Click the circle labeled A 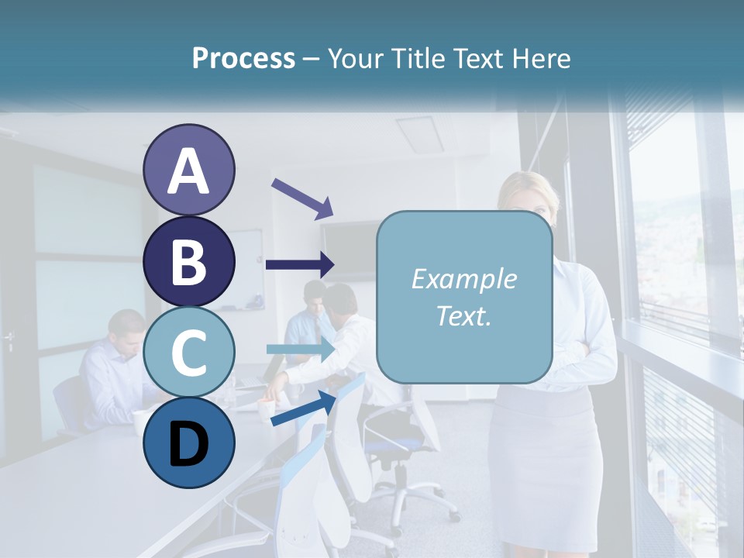[188, 170]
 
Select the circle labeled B [188, 261]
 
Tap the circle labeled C [188, 352]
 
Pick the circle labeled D [188, 443]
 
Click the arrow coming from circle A [302, 198]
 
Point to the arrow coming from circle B [300, 264]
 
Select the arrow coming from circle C [301, 350]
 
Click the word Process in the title [243, 58]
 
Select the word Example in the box [464, 279]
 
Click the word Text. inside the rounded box [464, 315]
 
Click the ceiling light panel [419, 134]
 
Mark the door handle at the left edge [9, 339]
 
